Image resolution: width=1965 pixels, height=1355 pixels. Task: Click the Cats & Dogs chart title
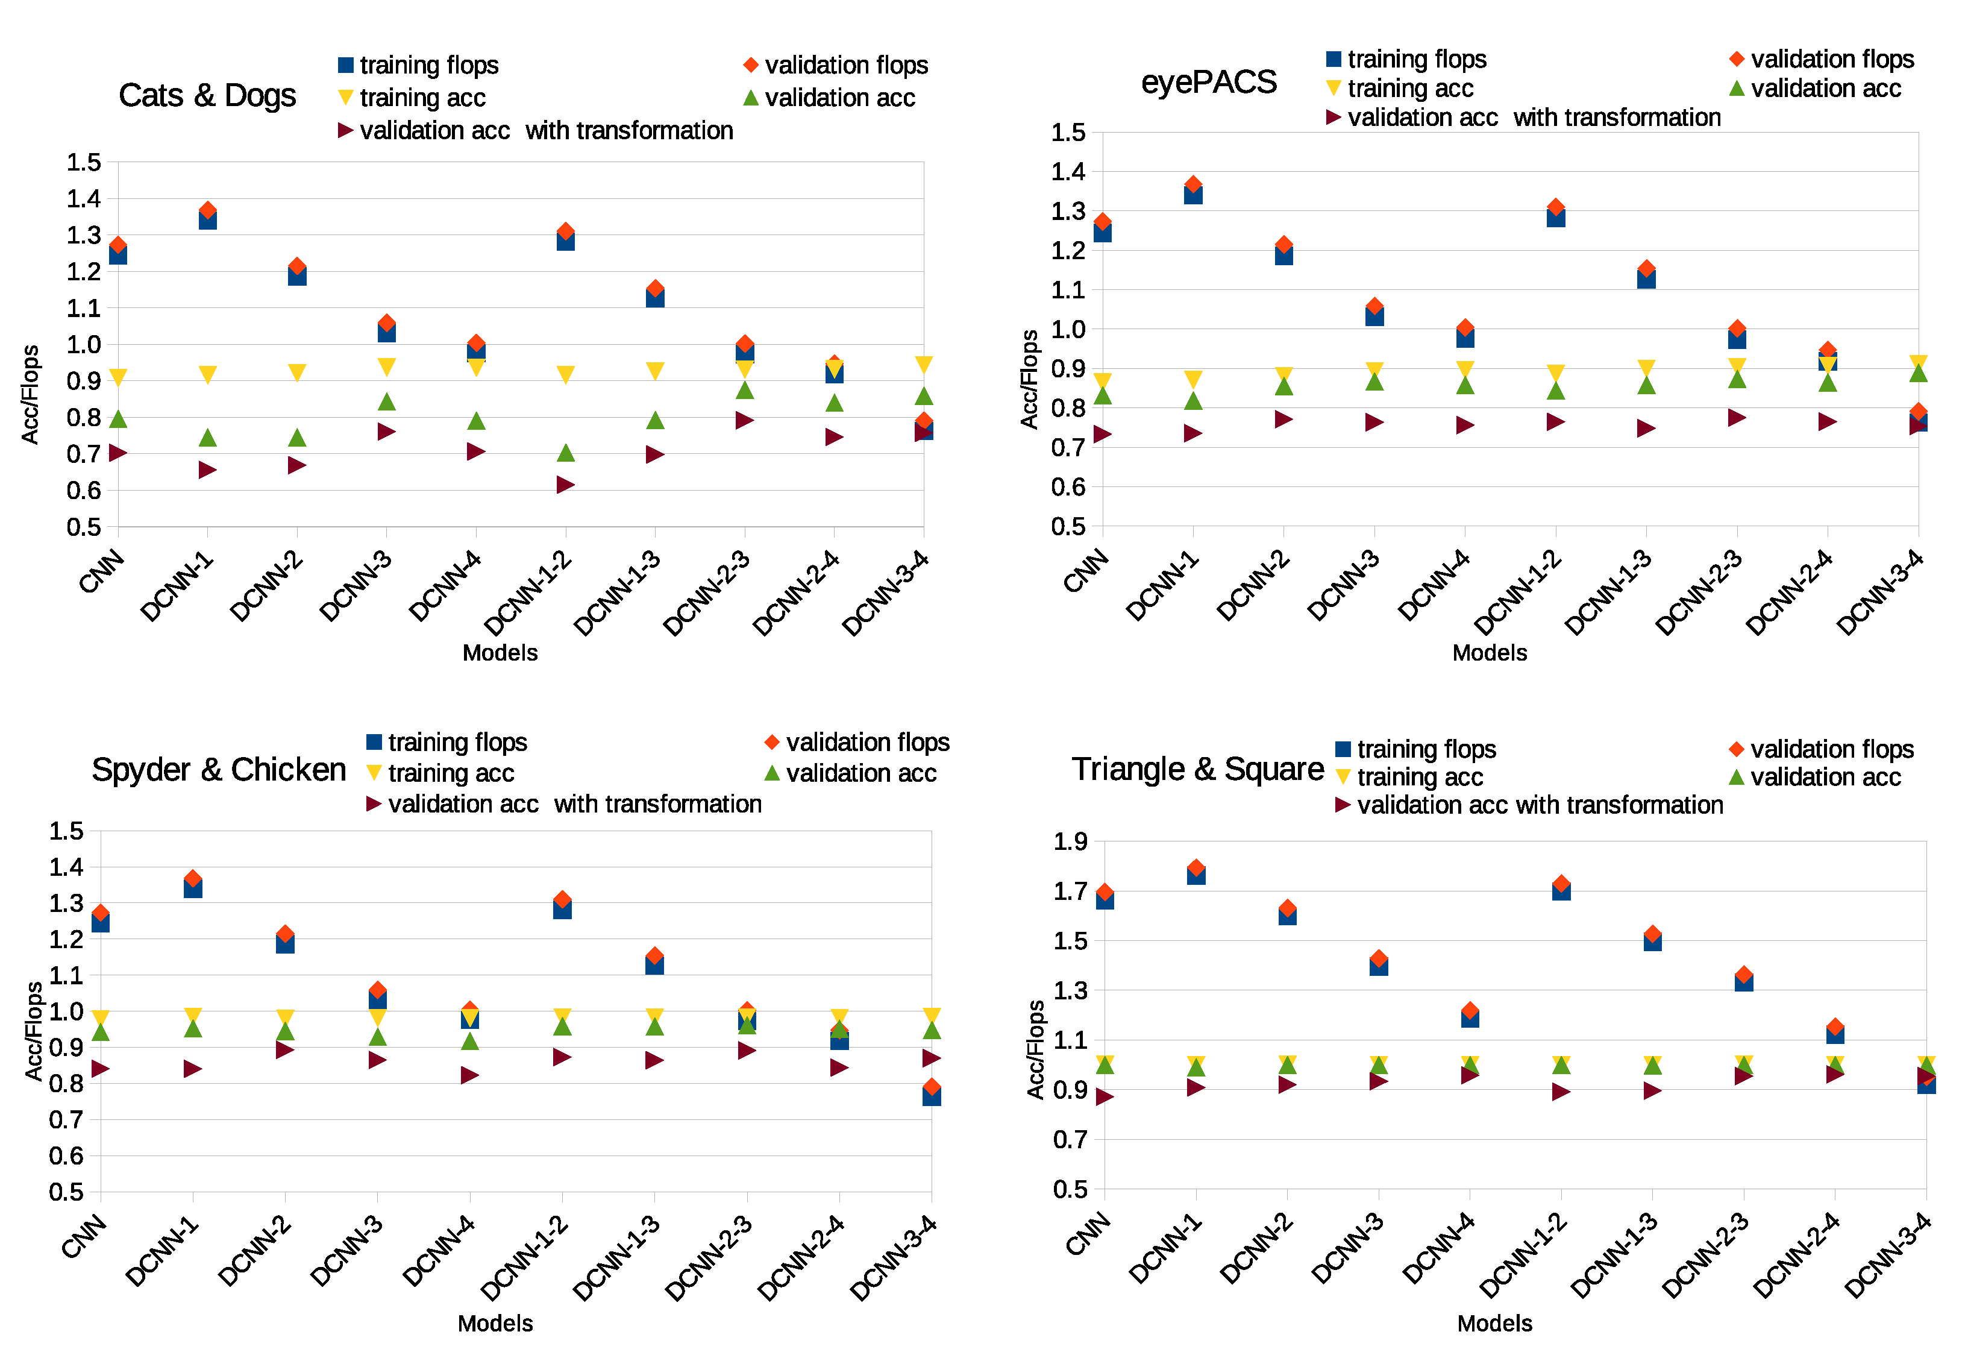pos(207,95)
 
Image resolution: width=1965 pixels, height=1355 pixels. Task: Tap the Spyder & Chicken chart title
pos(219,769)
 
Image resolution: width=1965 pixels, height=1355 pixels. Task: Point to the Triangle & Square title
pos(1197,769)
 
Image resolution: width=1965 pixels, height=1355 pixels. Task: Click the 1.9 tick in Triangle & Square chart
pos(1070,841)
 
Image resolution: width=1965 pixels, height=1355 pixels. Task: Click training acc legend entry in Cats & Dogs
pos(422,98)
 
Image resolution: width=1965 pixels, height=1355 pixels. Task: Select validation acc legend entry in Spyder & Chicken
pos(860,773)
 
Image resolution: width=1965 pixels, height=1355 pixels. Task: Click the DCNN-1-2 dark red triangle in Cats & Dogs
pos(565,485)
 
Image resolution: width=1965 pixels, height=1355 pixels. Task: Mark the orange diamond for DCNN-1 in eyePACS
pos(1194,184)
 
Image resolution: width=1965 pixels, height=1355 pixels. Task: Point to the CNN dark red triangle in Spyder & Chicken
pos(100,1068)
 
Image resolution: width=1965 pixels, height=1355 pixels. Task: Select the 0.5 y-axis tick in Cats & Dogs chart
pos(83,526)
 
